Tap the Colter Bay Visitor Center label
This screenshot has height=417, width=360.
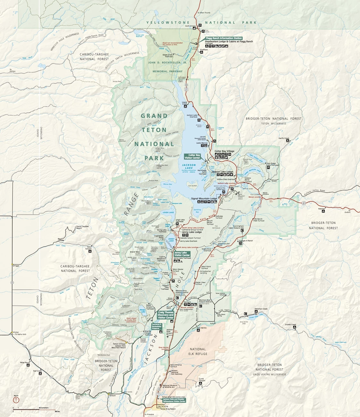point(192,156)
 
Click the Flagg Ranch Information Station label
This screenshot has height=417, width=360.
point(224,38)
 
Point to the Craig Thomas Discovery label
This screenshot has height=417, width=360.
point(166,315)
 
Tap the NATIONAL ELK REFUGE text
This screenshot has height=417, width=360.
point(198,351)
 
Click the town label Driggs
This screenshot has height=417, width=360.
point(16,266)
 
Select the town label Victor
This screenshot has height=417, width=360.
point(16,332)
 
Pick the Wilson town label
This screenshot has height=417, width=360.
point(112,396)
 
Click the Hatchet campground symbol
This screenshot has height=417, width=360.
point(323,211)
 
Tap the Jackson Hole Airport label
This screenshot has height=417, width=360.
point(169,331)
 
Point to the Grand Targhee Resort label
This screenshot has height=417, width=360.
point(82,227)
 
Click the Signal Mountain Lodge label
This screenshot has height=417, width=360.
point(204,199)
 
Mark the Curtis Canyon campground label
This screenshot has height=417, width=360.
point(201,380)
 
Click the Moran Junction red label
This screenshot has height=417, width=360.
point(255,197)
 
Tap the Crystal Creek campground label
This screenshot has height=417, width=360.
point(290,324)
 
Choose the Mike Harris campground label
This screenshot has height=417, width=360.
point(25,362)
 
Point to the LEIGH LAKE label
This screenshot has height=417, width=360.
point(168,212)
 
